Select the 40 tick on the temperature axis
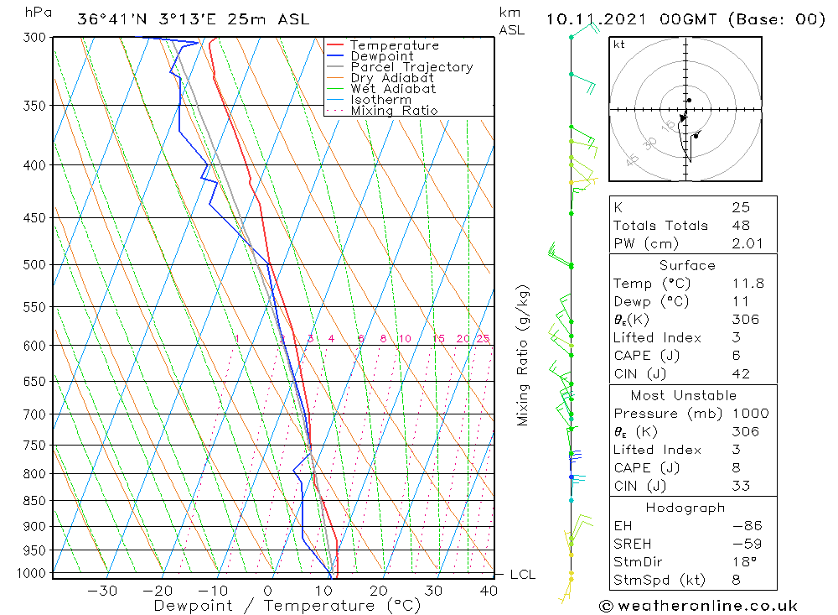pyautogui.click(x=487, y=591)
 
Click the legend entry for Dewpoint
pyautogui.click(x=381, y=56)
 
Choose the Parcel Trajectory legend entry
pyautogui.click(x=411, y=67)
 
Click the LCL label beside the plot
pyautogui.click(x=522, y=575)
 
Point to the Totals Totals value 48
pyautogui.click(x=740, y=225)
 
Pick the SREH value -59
pyautogui.click(x=745, y=544)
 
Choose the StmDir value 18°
pyautogui.click(x=742, y=562)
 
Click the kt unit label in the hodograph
pyautogui.click(x=618, y=44)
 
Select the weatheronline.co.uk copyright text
pyautogui.click(x=698, y=606)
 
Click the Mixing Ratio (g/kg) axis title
pyautogui.click(x=523, y=355)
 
